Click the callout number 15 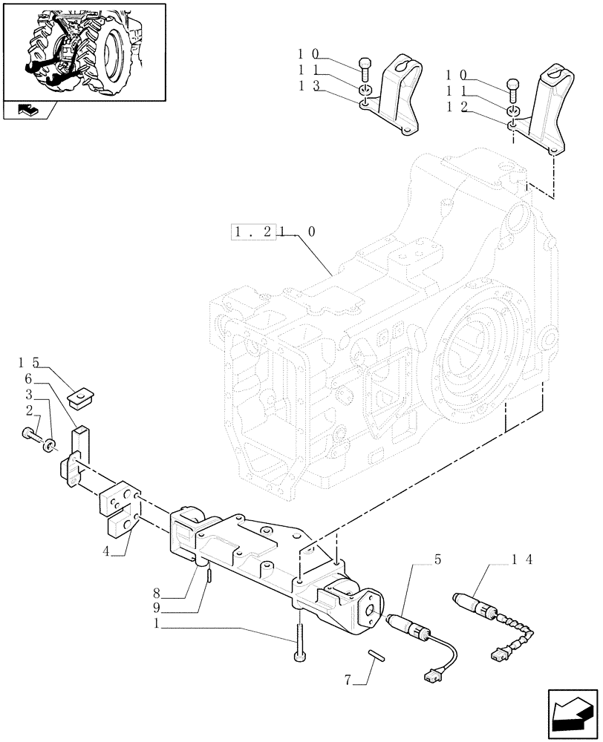point(30,363)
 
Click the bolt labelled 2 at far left point(30,434)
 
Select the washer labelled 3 point(50,444)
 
